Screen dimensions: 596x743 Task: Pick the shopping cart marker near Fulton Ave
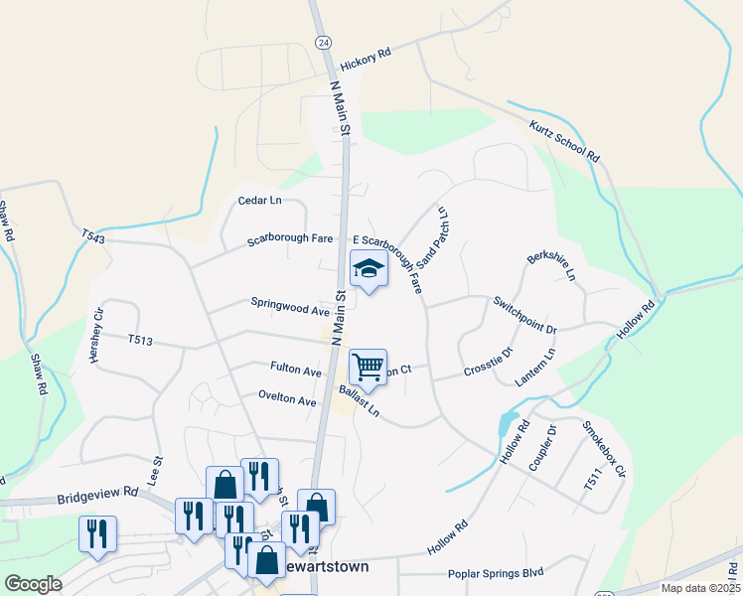click(368, 368)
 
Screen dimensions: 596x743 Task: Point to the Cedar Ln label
click(260, 201)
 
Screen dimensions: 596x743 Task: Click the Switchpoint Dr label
click(524, 315)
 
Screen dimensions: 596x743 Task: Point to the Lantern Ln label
click(536, 367)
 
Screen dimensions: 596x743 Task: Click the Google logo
click(33, 583)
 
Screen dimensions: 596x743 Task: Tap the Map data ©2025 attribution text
click(698, 588)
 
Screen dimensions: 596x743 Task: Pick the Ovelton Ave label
click(286, 401)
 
